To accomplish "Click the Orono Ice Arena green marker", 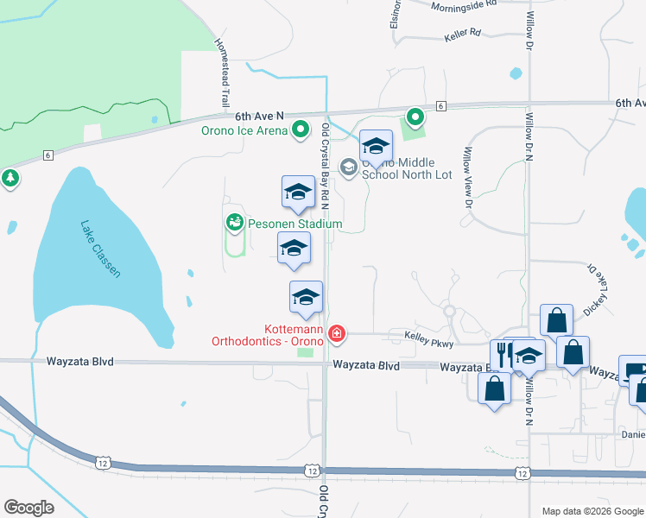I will [x=301, y=130].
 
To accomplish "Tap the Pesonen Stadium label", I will [x=295, y=224].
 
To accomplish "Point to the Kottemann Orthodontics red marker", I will [x=336, y=333].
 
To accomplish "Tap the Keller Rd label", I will [x=462, y=35].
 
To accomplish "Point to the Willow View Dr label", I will [x=467, y=178].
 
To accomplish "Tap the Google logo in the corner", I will [x=28, y=508].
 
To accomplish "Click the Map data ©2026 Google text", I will [x=592, y=511].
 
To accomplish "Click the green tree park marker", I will [x=10, y=178].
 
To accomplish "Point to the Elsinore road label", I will [x=396, y=12].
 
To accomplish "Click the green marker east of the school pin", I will [x=415, y=117].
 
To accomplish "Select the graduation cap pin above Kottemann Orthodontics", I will [x=305, y=298].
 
